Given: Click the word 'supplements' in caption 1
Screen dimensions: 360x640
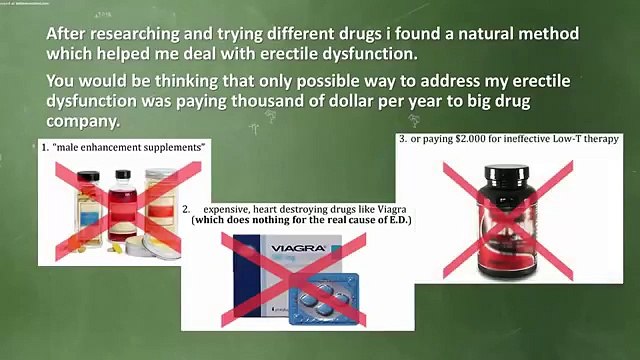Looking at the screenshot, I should point(172,148).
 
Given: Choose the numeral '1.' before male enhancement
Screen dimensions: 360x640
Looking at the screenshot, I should point(45,148).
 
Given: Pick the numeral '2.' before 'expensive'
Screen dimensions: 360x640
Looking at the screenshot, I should point(187,208).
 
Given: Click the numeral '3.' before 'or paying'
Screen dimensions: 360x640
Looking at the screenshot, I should point(402,139).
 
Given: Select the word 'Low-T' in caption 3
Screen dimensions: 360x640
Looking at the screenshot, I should point(571,139).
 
